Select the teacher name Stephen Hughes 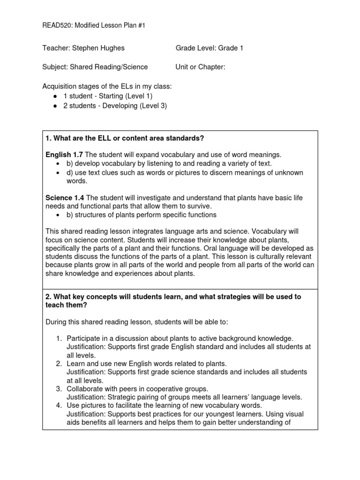98,48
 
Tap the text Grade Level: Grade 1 209,48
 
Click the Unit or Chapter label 200,67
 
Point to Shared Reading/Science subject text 109,67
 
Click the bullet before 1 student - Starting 55,96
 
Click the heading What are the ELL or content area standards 126,138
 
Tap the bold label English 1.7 64,155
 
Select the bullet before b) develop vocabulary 57,164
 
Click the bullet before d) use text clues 57,172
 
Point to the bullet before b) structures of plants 57,215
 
